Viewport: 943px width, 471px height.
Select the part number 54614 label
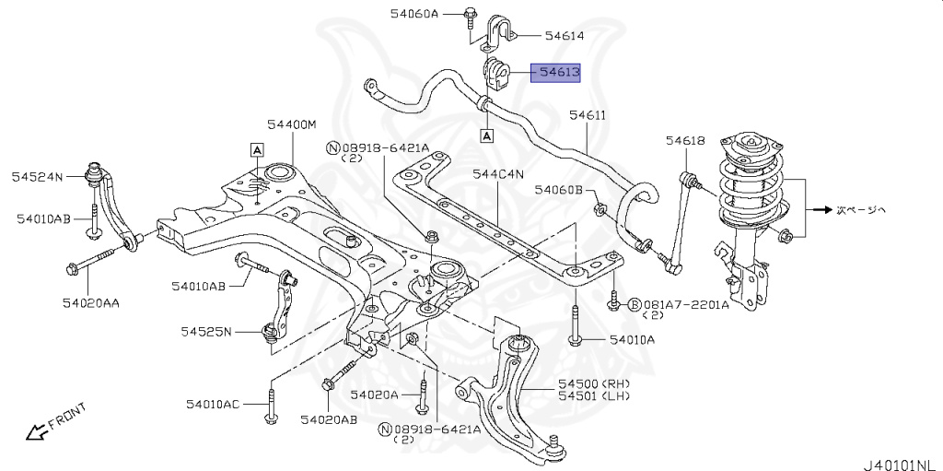pos(565,36)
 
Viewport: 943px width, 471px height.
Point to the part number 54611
pos(587,115)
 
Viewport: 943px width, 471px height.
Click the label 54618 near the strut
pos(685,141)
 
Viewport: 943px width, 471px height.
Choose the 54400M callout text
pos(292,124)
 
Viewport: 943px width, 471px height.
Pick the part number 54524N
pos(37,175)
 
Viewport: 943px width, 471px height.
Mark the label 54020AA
pos(92,302)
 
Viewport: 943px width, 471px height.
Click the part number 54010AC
pos(213,405)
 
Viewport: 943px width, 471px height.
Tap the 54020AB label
pos(329,420)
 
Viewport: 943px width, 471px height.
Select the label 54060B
pos(559,190)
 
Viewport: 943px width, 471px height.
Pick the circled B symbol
pos(634,303)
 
